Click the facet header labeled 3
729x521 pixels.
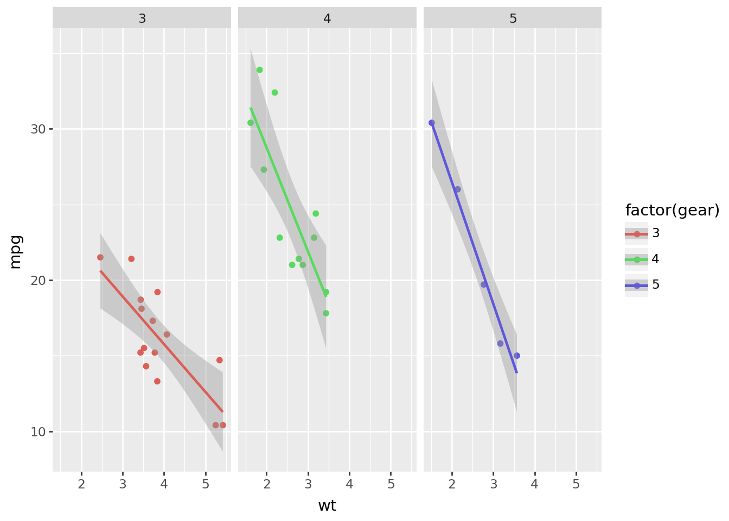pos(142,18)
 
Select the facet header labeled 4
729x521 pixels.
pos(327,18)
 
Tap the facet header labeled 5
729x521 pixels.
pos(513,18)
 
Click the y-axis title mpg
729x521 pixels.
pos(16,251)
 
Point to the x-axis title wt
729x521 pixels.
pos(327,506)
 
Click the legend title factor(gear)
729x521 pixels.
pos(672,211)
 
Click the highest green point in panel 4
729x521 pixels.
pos(260,70)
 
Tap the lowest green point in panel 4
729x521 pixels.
pos(326,313)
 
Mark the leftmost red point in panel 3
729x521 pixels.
pos(100,257)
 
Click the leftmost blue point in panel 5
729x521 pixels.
pos(432,123)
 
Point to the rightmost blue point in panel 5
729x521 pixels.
pos(517,355)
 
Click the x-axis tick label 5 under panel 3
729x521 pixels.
pos(206,484)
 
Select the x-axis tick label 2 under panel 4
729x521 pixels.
pos(267,484)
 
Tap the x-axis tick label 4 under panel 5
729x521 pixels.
pos(535,484)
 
